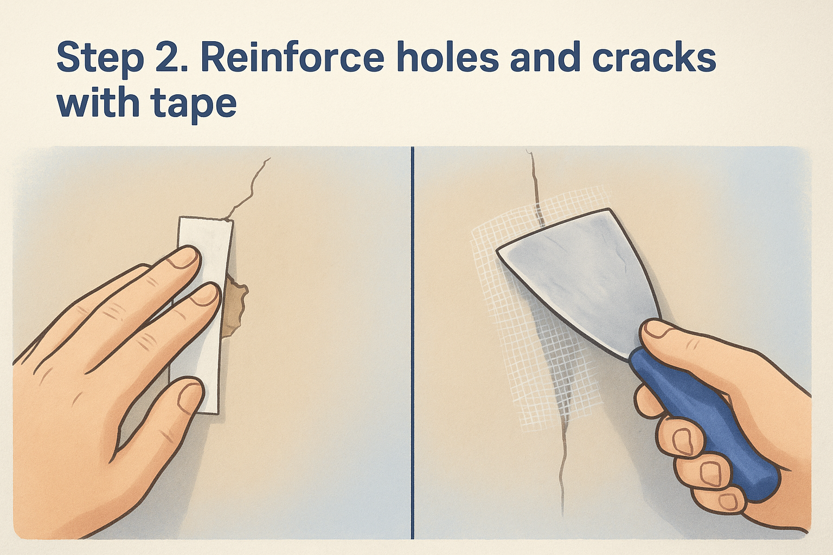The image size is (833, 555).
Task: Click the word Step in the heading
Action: (x=100, y=59)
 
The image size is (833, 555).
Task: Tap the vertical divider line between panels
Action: (x=412, y=343)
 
